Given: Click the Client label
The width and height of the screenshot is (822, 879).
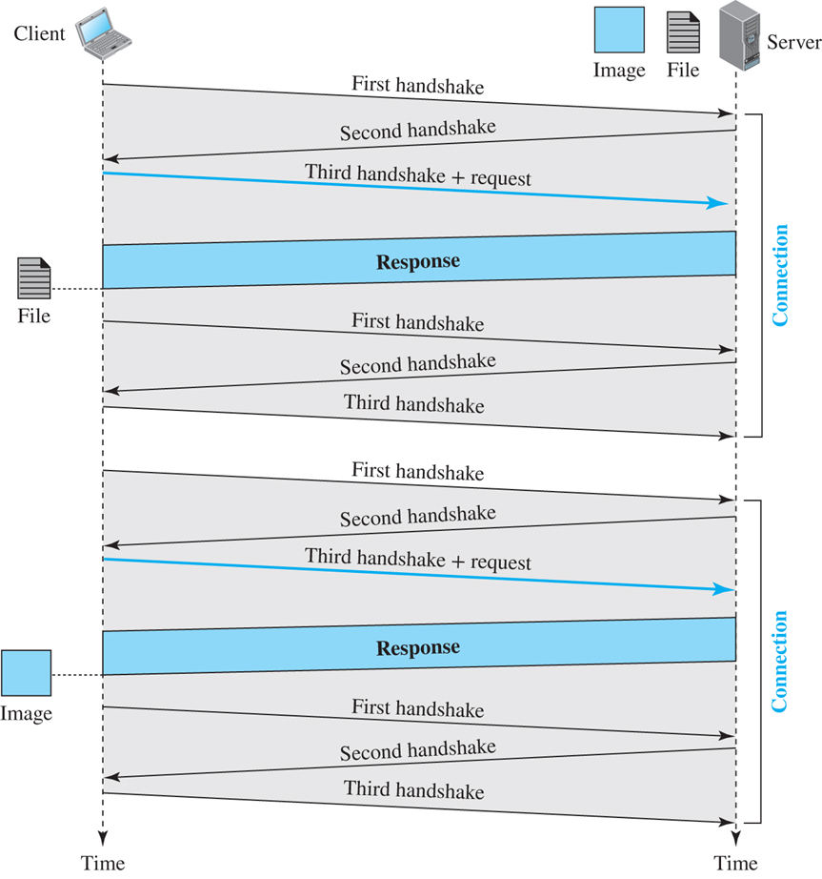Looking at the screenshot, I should [x=40, y=34].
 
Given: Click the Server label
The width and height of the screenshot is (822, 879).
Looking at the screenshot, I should [x=793, y=42].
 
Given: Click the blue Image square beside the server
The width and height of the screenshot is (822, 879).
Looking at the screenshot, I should [x=619, y=31].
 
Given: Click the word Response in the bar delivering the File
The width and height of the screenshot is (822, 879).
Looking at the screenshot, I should [x=418, y=261].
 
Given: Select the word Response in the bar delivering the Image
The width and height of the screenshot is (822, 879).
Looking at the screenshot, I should [x=418, y=648].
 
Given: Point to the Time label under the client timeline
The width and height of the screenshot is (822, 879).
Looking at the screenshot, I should [x=102, y=864].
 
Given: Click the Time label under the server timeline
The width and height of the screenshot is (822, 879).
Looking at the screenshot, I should [x=735, y=864].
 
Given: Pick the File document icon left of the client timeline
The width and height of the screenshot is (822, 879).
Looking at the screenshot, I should [x=33, y=278].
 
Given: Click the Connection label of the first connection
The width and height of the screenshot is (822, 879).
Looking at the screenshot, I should [x=780, y=276].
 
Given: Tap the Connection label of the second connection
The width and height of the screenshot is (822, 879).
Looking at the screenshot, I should [x=780, y=662].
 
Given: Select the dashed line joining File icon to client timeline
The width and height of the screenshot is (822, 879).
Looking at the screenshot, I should [x=76, y=289].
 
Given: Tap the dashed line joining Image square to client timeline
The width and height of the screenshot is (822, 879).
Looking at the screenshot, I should [x=76, y=675].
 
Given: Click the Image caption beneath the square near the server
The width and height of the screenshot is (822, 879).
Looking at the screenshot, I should [x=619, y=71].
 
